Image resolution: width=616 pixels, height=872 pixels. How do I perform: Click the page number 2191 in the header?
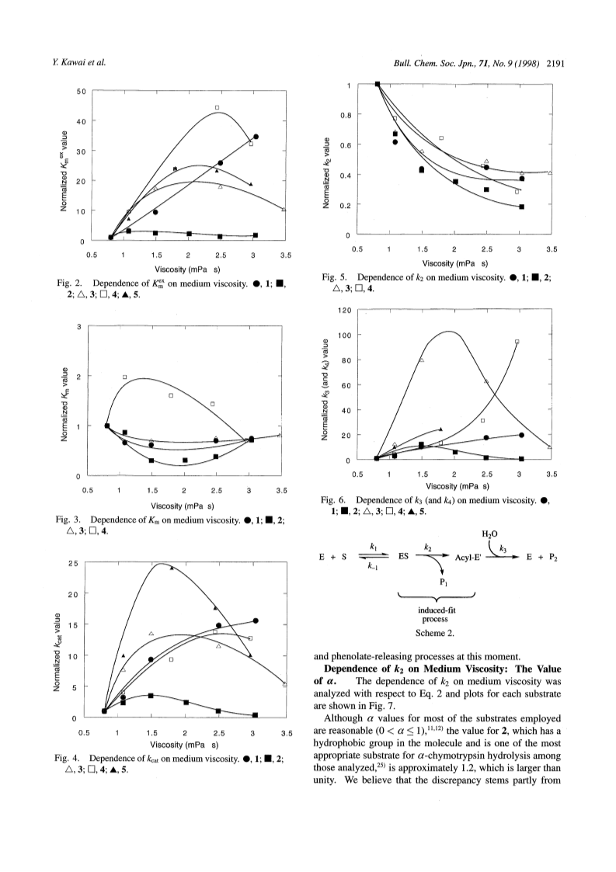click(x=556, y=63)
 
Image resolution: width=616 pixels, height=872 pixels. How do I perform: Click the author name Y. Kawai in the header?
click(x=64, y=63)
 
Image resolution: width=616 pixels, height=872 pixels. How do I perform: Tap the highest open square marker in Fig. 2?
click(x=217, y=107)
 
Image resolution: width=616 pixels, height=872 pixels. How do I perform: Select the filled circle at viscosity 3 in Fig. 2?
click(x=256, y=136)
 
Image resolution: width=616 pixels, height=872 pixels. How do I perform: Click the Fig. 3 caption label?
click(x=70, y=520)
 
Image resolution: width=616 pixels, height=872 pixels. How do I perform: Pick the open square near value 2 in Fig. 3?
click(x=125, y=377)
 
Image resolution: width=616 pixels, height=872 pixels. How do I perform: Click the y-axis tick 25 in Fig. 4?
click(x=72, y=564)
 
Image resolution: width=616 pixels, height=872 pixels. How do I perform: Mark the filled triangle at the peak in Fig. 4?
click(x=172, y=568)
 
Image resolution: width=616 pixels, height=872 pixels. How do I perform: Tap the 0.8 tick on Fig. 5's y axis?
click(x=346, y=115)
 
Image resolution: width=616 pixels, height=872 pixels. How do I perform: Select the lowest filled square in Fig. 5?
click(x=521, y=207)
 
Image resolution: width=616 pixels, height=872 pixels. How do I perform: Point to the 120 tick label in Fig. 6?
click(x=345, y=310)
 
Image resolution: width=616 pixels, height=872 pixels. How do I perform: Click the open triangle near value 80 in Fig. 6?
click(x=421, y=360)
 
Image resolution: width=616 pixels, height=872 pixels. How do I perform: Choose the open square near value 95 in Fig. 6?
click(x=517, y=342)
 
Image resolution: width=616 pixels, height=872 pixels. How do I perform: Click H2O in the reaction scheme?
click(x=489, y=534)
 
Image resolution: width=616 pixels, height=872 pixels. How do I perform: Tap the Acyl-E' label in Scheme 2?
click(x=468, y=557)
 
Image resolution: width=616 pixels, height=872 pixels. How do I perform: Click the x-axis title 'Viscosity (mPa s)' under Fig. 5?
click(x=455, y=263)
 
